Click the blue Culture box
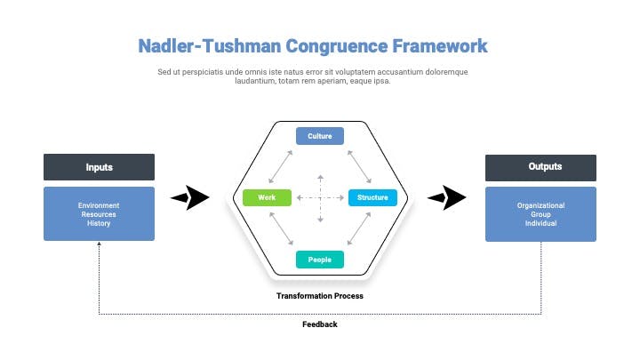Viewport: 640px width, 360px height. (320, 136)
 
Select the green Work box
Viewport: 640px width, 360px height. (267, 197)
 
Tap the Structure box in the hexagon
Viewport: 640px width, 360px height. (372, 197)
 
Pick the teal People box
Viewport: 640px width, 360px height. (320, 260)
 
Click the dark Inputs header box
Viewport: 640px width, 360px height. (100, 167)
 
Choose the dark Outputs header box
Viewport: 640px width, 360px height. (540, 168)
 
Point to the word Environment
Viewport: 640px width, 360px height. (99, 205)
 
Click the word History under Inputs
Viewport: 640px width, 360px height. (99, 223)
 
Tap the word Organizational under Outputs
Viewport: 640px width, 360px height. (540, 205)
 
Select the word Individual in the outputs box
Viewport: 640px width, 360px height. (540, 223)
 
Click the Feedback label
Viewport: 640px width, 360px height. (320, 324)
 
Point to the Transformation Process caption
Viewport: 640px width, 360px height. (320, 296)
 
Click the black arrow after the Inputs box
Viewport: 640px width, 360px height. (190, 197)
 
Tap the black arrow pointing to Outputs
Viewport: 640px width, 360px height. (446, 197)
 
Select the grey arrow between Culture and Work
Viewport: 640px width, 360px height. (280, 166)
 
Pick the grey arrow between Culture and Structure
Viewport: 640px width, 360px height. (359, 166)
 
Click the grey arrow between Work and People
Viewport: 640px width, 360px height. (281, 228)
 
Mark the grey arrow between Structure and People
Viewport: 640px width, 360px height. (359, 228)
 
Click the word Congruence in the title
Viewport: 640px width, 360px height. (336, 46)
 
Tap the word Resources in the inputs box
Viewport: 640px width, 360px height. (99, 214)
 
